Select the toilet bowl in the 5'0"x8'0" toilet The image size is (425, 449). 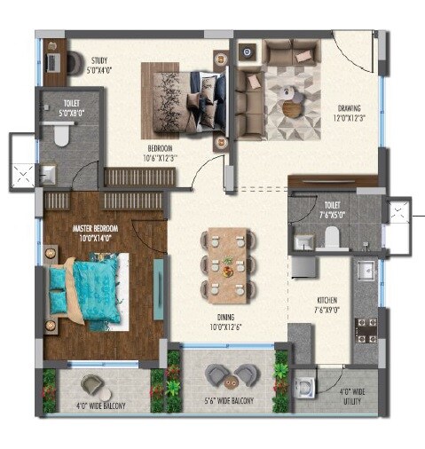coord(59,135)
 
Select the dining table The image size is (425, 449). coord(227,263)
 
